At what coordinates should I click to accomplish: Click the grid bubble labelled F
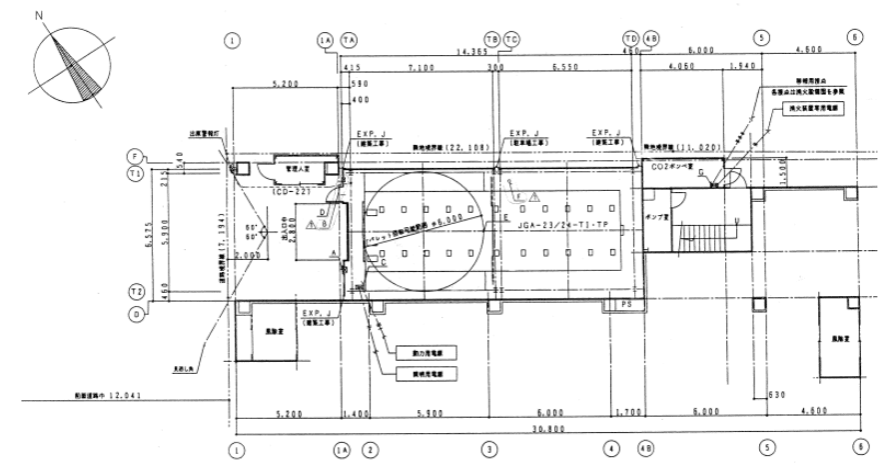coord(134,156)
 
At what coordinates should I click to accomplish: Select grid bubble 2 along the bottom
coord(370,450)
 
